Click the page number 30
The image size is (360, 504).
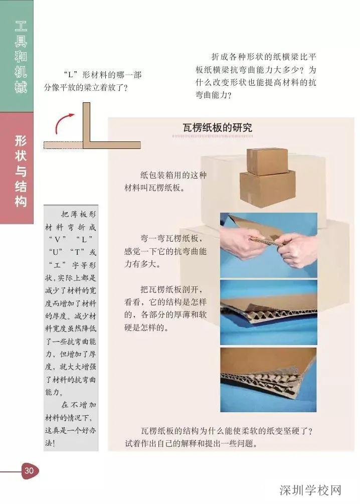pyautogui.click(x=28, y=470)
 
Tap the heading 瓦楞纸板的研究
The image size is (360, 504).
pyautogui.click(x=217, y=128)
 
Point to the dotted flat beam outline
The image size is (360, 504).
pyautogui.click(x=63, y=145)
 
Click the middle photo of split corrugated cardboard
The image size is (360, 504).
pyautogui.click(x=268, y=312)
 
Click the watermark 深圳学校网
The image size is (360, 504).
pyautogui.click(x=310, y=489)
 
